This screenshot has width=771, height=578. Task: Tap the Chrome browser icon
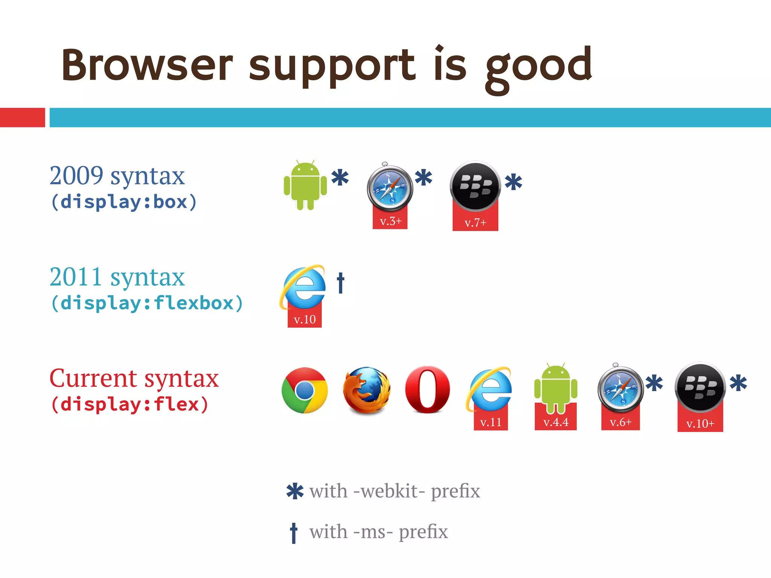coord(305,390)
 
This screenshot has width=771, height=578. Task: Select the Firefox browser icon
coord(366,390)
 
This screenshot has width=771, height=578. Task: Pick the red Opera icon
coord(428,389)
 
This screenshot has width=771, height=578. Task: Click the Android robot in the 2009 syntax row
coord(305,186)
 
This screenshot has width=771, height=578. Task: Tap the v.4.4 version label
coord(556,422)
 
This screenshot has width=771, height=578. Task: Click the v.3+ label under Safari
coord(390,221)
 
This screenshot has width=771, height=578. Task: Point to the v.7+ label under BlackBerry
coord(475,223)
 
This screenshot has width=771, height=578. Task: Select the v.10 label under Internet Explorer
coord(305,319)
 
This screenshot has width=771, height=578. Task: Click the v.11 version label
coord(491,422)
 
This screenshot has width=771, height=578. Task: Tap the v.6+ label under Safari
coord(620,422)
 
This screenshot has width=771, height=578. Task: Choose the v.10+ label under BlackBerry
coord(700,424)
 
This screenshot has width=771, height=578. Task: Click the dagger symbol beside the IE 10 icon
coord(341,283)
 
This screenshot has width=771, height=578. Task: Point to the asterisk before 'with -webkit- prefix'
coord(295,491)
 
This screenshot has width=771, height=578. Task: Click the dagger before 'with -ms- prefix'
coord(294,532)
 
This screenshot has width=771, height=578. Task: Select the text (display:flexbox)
coord(147,303)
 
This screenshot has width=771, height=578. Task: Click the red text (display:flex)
coord(130,405)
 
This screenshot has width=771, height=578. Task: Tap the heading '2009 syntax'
coord(117,176)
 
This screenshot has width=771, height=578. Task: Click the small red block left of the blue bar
coord(23,117)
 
